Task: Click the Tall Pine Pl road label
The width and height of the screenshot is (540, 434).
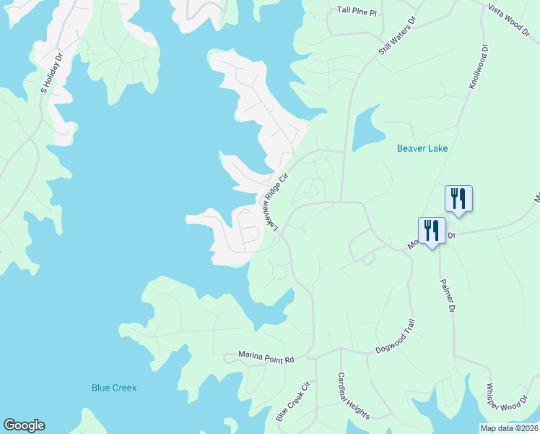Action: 357,11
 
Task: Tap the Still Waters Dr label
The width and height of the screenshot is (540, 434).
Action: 398,36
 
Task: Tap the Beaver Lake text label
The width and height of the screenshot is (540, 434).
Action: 422,149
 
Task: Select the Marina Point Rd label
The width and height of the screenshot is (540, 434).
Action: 267,359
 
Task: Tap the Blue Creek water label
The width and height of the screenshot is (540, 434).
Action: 114,388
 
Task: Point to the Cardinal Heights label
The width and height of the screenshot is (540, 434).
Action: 354,396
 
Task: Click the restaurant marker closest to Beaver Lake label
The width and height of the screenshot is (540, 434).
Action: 458,198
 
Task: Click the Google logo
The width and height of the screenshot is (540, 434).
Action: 24,425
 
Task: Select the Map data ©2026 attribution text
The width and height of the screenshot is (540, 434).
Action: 510,428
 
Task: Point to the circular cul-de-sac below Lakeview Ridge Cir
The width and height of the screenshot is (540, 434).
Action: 279,273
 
